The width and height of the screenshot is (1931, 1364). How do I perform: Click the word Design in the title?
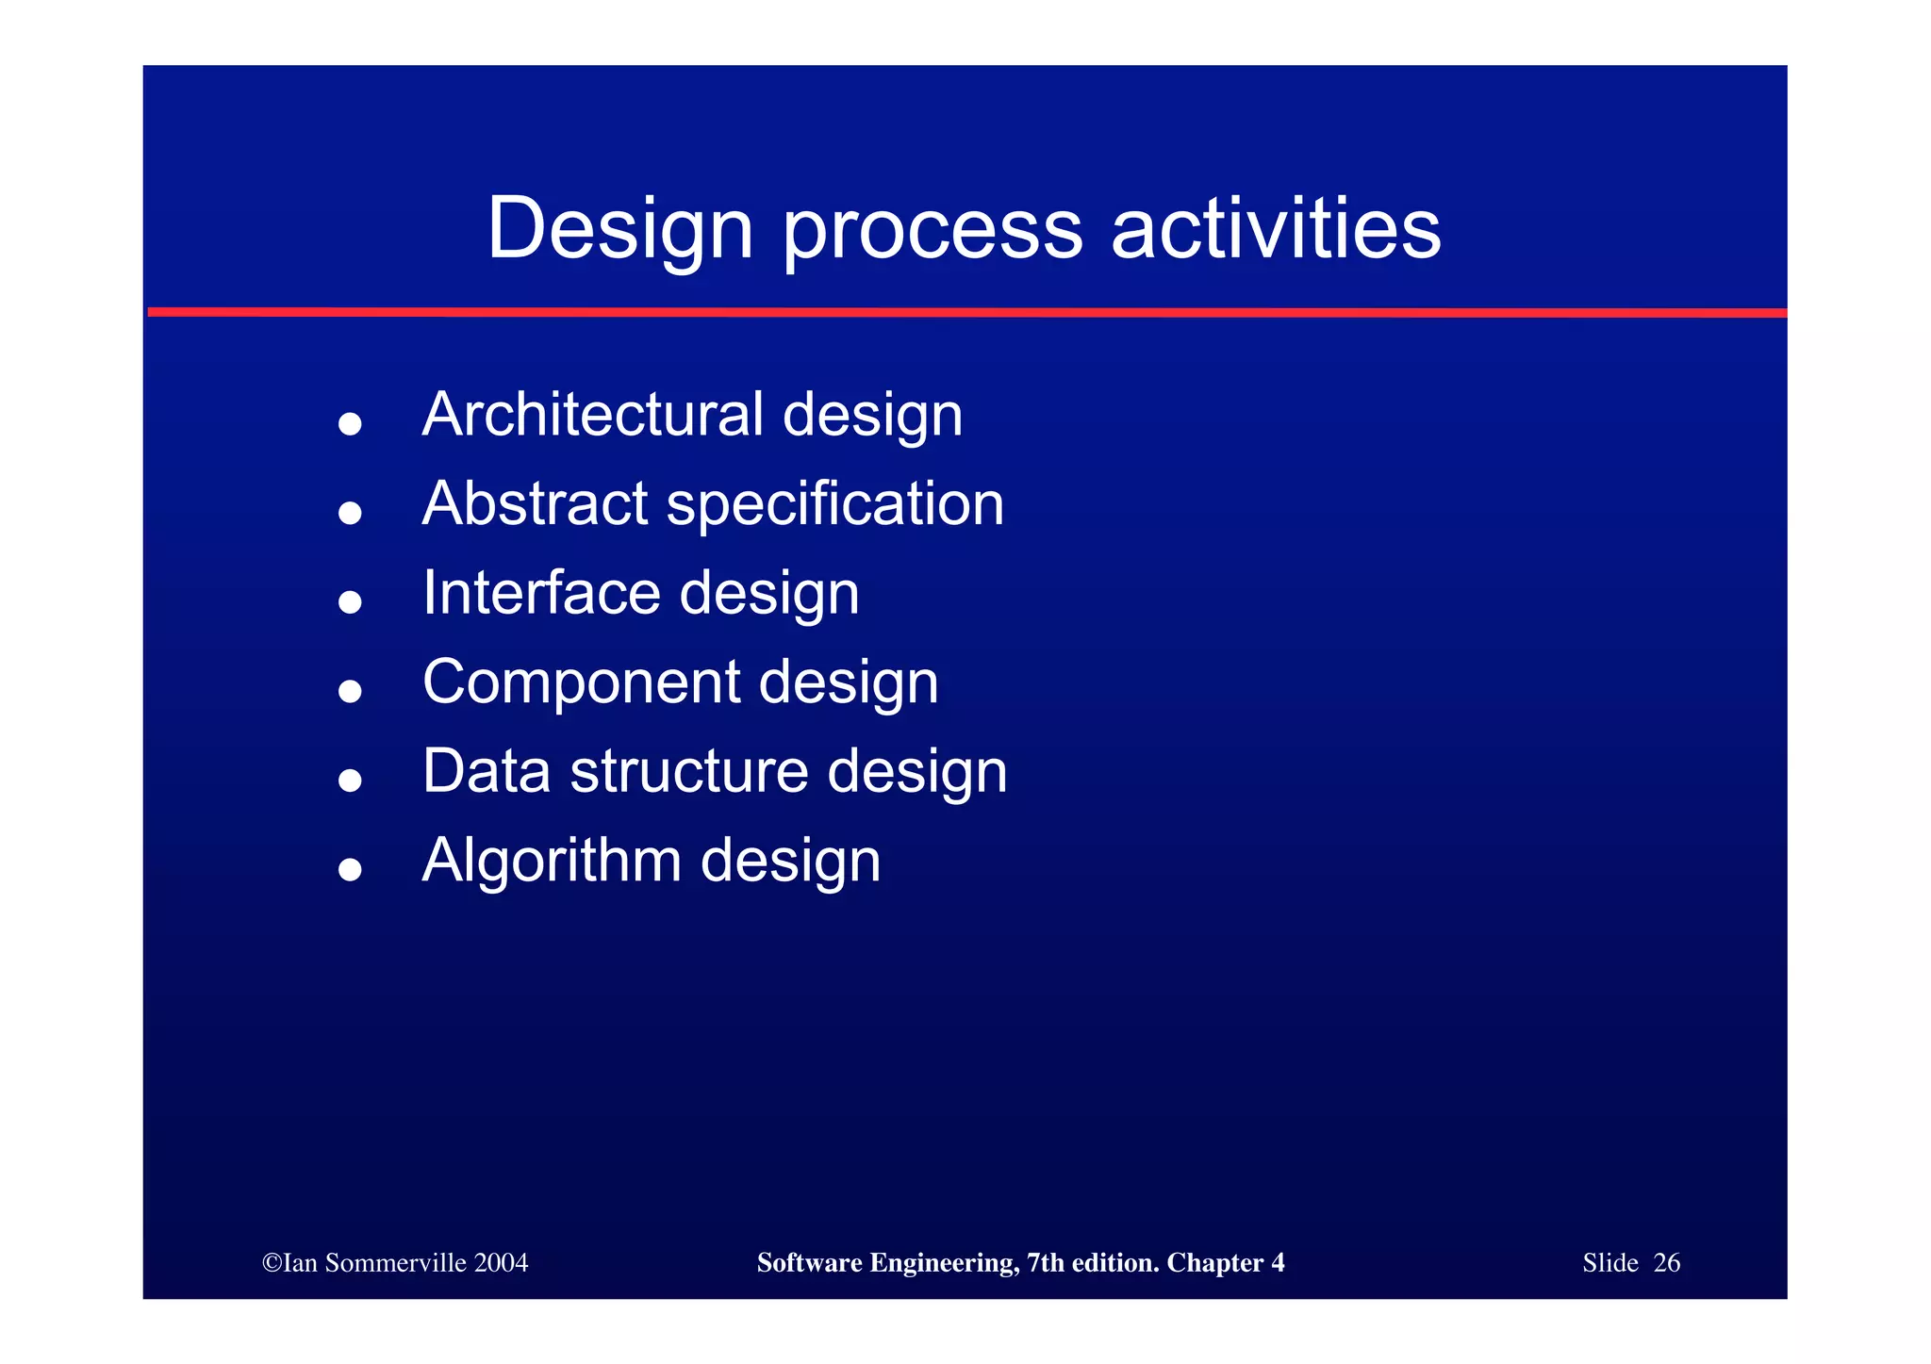[x=619, y=229]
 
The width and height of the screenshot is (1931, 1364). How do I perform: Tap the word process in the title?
[x=932, y=231]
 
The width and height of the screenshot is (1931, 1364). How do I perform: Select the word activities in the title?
[x=1276, y=229]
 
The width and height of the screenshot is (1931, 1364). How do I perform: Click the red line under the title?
[x=965, y=312]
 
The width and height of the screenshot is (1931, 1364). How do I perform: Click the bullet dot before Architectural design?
[x=350, y=423]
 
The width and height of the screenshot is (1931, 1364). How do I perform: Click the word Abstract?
[x=535, y=503]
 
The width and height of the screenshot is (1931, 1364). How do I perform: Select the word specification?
[x=835, y=505]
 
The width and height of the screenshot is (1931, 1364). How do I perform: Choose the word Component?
[x=582, y=682]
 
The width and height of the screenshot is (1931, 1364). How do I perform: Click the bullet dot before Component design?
[x=350, y=691]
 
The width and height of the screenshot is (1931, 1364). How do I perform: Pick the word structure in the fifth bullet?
[x=689, y=771]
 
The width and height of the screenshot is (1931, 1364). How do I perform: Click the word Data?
[x=486, y=771]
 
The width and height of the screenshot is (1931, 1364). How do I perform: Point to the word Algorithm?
[x=552, y=861]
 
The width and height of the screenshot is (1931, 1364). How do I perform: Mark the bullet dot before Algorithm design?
[x=350, y=869]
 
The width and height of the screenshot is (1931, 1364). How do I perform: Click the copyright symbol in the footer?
[x=272, y=1263]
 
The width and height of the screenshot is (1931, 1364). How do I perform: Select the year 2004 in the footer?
[x=502, y=1263]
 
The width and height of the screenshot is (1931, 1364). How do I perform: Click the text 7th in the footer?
[x=1045, y=1263]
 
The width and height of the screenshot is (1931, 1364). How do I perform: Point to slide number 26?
[x=1666, y=1263]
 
